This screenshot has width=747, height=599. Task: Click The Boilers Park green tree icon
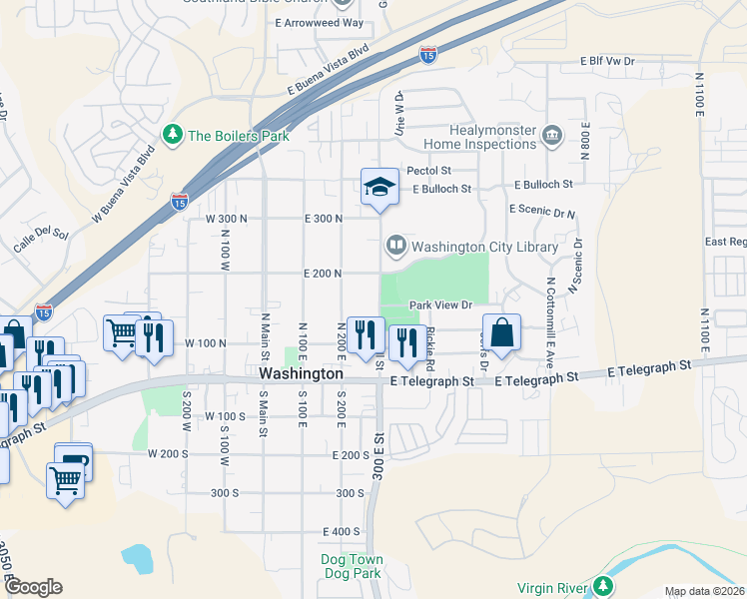tap(174, 135)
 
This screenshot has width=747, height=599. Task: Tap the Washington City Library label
tap(484, 246)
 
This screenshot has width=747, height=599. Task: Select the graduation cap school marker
tap(378, 187)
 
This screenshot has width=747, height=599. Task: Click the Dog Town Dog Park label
tap(351, 566)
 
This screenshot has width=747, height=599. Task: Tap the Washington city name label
tap(301, 373)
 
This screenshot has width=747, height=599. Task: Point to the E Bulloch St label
tap(543, 184)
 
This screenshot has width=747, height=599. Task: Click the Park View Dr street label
tap(438, 305)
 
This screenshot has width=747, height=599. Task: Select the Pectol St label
tap(428, 172)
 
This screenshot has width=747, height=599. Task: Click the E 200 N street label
tap(324, 273)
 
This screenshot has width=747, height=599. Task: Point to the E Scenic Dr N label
tap(542, 211)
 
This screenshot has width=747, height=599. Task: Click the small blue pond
tap(137, 559)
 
